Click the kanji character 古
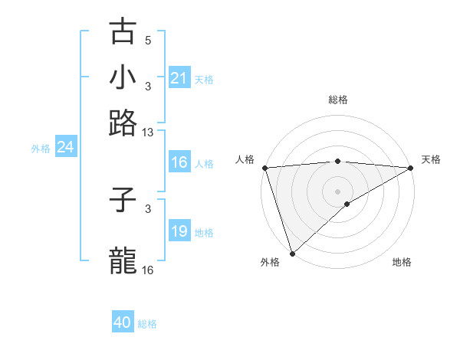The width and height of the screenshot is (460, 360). pyautogui.click(x=123, y=31)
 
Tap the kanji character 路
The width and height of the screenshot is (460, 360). pyautogui.click(x=123, y=122)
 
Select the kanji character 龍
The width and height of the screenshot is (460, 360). pyautogui.click(x=123, y=260)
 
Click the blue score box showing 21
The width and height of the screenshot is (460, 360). pyautogui.click(x=179, y=78)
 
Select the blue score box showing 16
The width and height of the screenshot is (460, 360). pyautogui.click(x=179, y=162)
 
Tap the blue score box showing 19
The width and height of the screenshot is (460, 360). pyautogui.click(x=179, y=231)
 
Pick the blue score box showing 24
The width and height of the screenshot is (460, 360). pyautogui.click(x=65, y=148)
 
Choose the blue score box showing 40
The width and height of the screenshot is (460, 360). pyautogui.click(x=123, y=322)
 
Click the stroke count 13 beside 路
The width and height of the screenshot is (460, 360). pyautogui.click(x=148, y=133)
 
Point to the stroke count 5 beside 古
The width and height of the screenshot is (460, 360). pyautogui.click(x=148, y=41)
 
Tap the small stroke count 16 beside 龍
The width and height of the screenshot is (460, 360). pyautogui.click(x=148, y=270)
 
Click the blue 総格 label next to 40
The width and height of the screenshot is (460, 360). pyautogui.click(x=147, y=324)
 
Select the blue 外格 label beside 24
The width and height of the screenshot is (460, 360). pyautogui.click(x=40, y=149)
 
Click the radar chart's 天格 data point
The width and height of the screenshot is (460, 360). pyautogui.click(x=411, y=168)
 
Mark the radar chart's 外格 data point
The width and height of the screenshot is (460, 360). pyautogui.click(x=292, y=253)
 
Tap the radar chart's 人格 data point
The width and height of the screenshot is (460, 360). pyautogui.click(x=264, y=168)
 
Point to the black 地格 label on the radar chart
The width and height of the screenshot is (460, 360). pyautogui.click(x=402, y=262)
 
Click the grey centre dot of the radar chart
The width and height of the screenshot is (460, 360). pyautogui.click(x=337, y=191)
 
